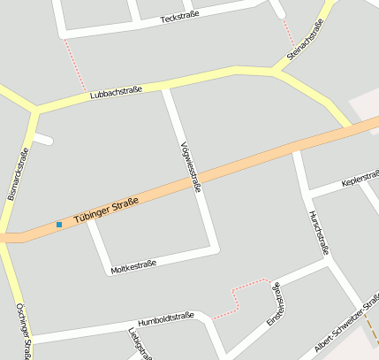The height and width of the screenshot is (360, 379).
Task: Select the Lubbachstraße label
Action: point(114,93)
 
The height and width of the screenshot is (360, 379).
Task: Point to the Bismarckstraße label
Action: point(18,173)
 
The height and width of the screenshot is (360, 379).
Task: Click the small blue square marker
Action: point(59,225)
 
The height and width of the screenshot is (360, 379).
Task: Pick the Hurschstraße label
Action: point(318,233)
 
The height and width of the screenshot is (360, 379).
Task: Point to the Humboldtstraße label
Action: point(165,318)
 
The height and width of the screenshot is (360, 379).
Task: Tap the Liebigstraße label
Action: point(136,343)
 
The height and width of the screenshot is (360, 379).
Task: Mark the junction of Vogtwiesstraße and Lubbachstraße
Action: point(166,86)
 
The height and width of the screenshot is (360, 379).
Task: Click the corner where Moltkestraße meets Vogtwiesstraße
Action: point(213,249)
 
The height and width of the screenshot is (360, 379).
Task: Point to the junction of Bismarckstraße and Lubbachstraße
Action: point(35,111)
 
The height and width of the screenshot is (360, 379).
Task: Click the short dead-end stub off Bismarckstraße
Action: point(45,139)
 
